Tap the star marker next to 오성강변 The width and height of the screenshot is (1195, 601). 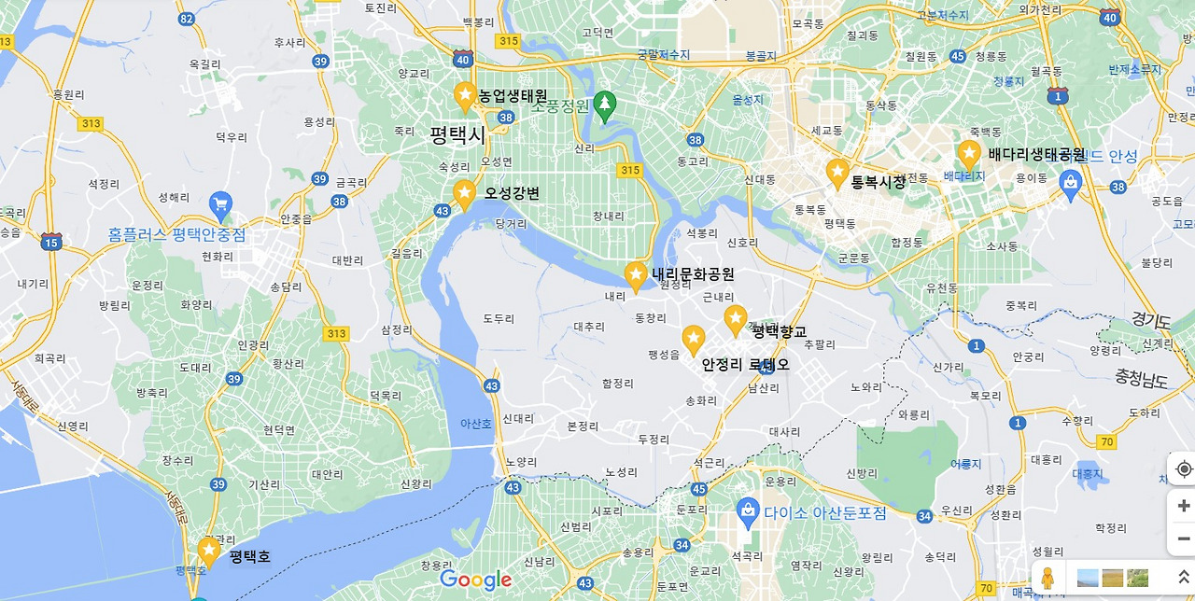464,193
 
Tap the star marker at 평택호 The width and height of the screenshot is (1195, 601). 209,551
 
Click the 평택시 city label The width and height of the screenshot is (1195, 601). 457,135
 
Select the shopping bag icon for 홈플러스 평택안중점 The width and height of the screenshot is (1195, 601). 220,203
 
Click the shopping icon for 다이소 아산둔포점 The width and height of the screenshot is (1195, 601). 747,510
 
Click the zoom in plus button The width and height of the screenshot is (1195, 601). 1183,506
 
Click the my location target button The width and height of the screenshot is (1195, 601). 1183,468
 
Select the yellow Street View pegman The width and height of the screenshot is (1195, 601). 1047,579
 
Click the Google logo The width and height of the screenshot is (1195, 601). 475,580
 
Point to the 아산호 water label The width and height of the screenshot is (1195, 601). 475,424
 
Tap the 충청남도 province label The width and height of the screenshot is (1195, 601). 1141,379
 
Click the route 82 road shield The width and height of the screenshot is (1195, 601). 187,19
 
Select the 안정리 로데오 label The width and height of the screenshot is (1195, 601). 745,364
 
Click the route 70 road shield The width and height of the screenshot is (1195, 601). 1106,441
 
